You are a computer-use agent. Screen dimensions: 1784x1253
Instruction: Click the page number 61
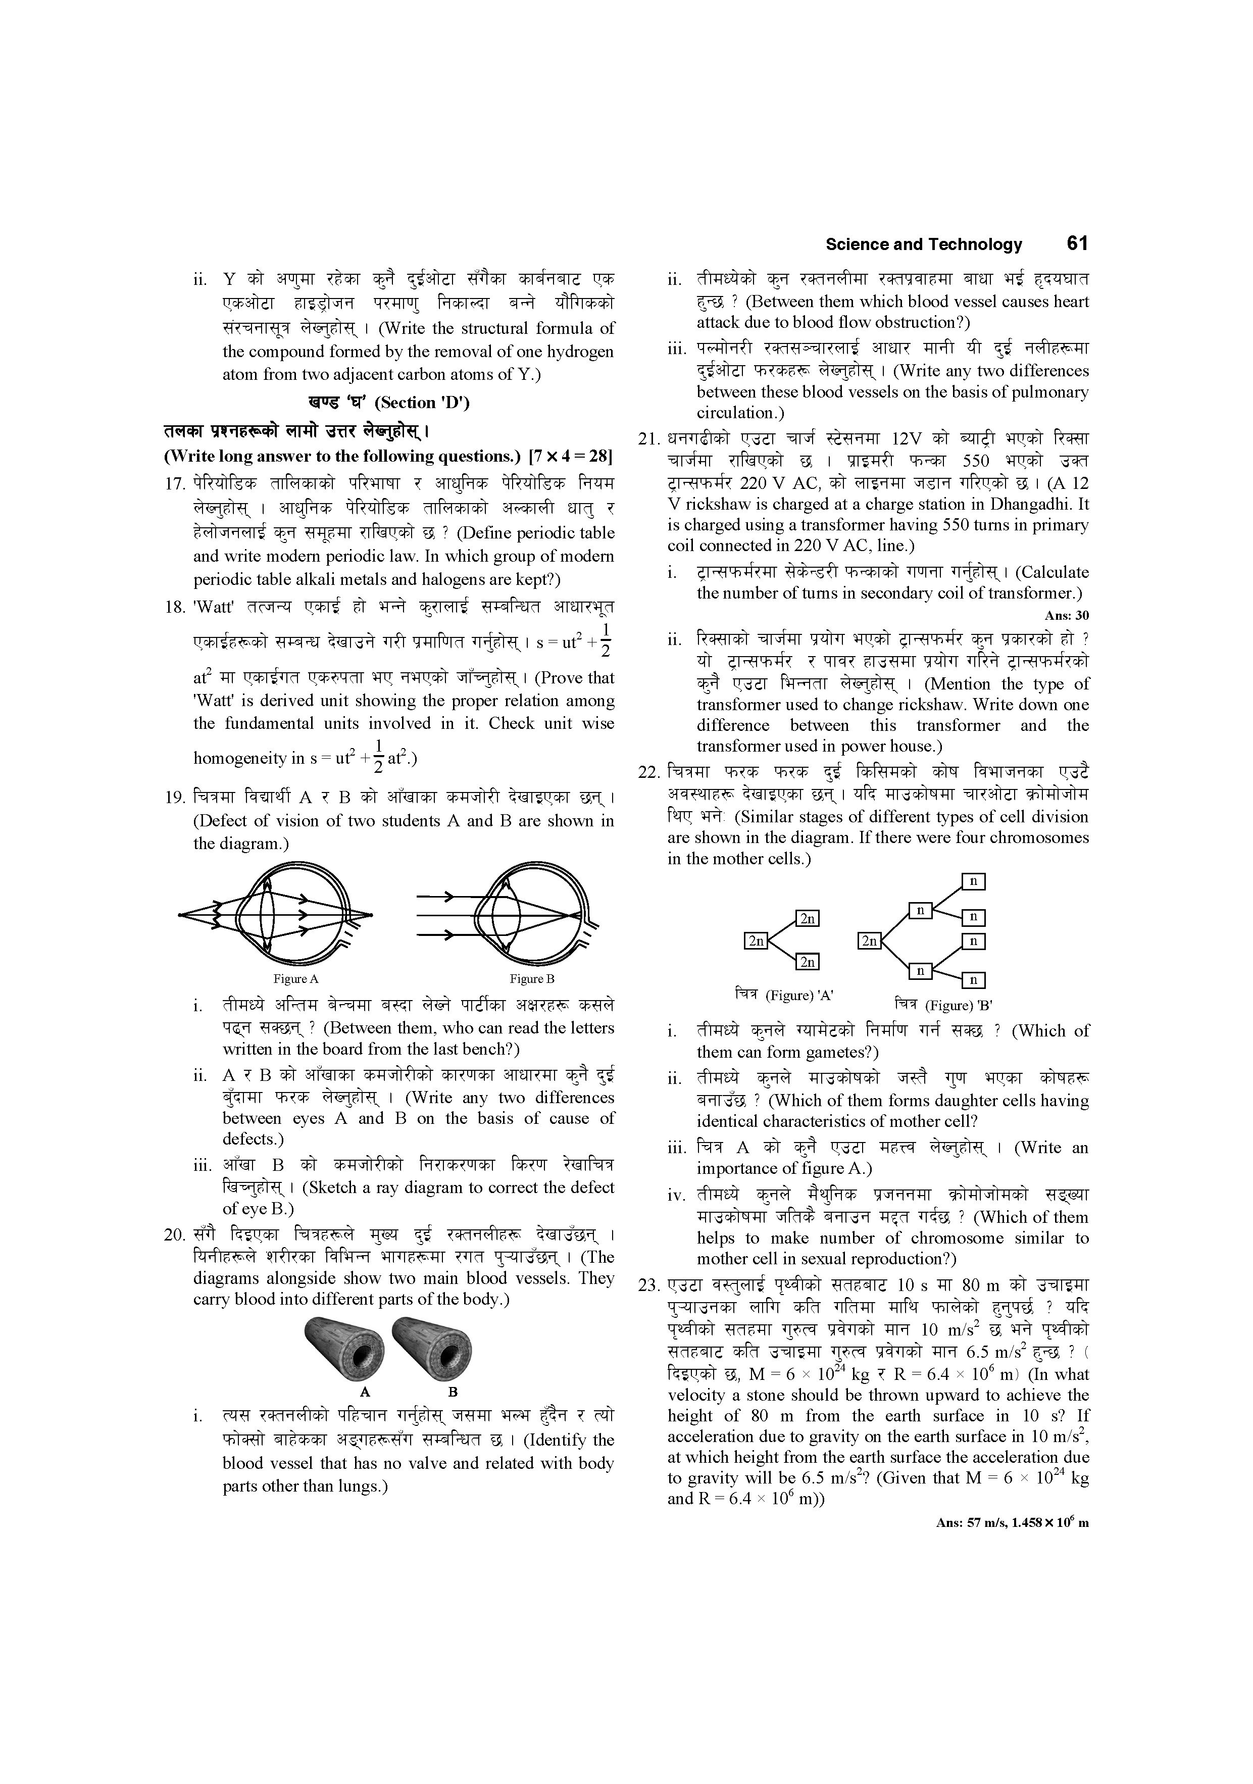1077,244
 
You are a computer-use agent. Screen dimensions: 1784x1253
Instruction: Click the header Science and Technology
924,245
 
